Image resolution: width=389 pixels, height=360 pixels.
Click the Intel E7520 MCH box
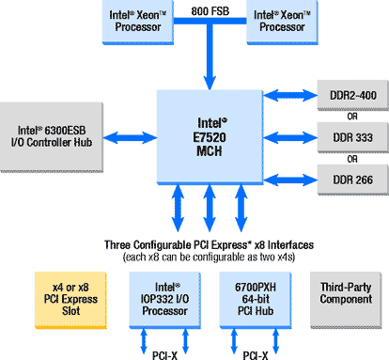coord(210,137)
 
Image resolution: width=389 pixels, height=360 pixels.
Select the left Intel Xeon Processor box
coord(138,22)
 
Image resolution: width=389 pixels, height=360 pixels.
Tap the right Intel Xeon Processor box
coord(282,22)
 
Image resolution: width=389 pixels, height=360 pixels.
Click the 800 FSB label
coord(210,11)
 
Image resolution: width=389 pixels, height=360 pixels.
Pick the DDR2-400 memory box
coord(353,95)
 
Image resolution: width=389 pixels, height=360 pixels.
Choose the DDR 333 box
coord(353,137)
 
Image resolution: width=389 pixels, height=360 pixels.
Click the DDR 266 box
coord(353,180)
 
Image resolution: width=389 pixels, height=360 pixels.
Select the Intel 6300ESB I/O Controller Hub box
coord(52,137)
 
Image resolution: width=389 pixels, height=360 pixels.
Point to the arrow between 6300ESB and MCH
coord(130,137)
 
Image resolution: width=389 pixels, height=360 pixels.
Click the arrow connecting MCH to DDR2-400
coord(290,95)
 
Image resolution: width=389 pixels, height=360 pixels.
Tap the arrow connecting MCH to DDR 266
coord(290,180)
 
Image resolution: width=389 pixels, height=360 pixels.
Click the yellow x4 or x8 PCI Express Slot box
coord(70,300)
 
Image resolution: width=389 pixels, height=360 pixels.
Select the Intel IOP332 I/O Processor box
coord(165,300)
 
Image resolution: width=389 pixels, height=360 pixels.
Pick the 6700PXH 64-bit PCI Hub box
coord(256,300)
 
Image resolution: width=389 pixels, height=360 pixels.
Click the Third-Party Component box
coord(346,300)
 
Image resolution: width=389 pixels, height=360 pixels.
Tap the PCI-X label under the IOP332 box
coord(164,355)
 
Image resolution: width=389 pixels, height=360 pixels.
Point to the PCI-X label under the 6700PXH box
coord(256,355)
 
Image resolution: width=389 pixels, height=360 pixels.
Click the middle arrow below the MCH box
coord(210,208)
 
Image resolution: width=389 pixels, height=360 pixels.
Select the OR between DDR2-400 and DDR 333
coord(352,117)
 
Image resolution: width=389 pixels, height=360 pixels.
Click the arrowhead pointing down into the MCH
coord(210,82)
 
